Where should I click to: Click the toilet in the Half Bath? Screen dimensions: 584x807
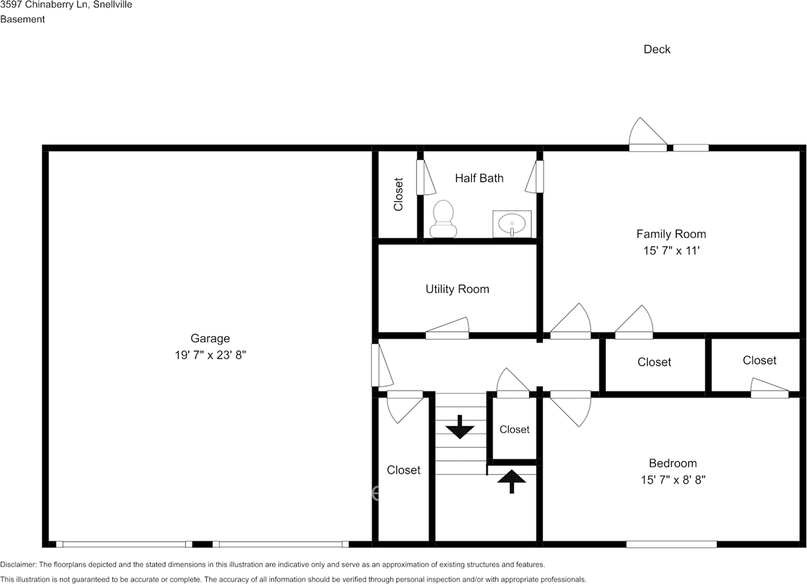443,219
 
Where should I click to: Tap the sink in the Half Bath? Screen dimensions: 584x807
511,224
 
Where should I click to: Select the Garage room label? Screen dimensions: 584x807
210,339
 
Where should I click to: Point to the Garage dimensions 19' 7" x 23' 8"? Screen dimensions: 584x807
210,355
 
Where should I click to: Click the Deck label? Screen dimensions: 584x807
656,49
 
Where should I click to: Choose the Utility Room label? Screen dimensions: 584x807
457,289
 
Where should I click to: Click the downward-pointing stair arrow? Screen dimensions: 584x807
460,428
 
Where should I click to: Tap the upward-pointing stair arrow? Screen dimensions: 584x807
511,482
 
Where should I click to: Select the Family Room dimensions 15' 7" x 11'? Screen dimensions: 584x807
671,250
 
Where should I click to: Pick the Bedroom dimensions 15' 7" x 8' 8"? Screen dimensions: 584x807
673,480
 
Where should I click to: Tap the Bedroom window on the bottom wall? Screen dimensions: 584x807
671,544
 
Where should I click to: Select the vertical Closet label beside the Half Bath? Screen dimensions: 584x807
398,194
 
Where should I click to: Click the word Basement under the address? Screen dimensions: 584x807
23,19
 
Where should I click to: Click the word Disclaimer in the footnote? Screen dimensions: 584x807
18,564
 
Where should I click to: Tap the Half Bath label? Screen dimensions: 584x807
479,178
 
